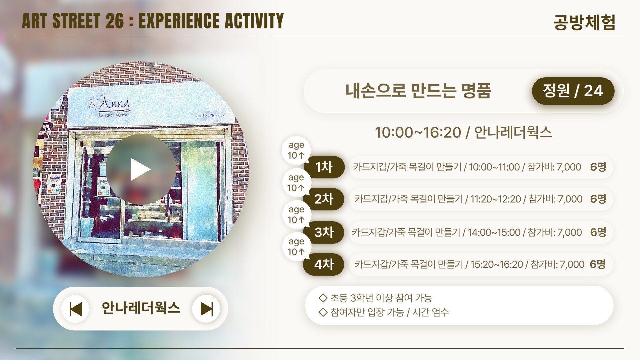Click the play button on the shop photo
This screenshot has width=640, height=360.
(141, 169)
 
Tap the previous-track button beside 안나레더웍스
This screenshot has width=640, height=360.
(75, 309)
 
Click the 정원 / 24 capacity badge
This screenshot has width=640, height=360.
(573, 91)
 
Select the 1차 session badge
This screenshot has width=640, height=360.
(324, 167)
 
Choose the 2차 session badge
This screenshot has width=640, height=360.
(324, 199)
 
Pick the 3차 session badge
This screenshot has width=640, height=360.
(324, 232)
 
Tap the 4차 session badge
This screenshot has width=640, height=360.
(324, 264)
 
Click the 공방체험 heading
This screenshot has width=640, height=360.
(584, 22)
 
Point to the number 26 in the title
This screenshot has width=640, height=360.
(115, 21)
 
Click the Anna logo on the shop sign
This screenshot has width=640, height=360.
(110, 106)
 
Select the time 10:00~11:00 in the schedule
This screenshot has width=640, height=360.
(494, 167)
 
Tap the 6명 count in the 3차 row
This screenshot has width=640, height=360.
(598, 232)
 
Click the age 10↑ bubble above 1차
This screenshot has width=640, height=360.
(296, 150)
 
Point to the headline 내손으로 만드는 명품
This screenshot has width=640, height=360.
(418, 91)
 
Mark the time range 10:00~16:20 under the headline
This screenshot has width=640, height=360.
(418, 133)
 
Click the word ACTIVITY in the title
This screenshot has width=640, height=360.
(254, 21)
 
